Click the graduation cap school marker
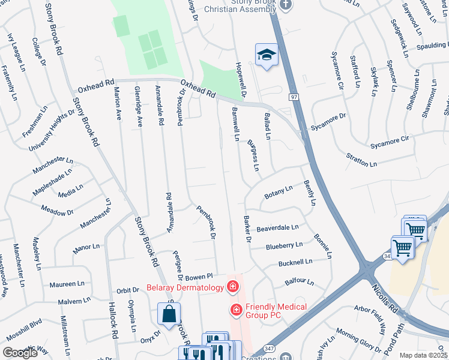[266, 55]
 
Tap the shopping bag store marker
[169, 313]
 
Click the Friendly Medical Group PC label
[276, 311]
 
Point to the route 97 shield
[293, 97]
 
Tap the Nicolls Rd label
[385, 297]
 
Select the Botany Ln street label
[278, 193]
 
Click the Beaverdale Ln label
[277, 228]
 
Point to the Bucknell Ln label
[295, 262]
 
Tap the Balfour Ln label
[300, 280]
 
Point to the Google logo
[20, 353]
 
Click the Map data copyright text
[423, 355]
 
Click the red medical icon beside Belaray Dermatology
[232, 287]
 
